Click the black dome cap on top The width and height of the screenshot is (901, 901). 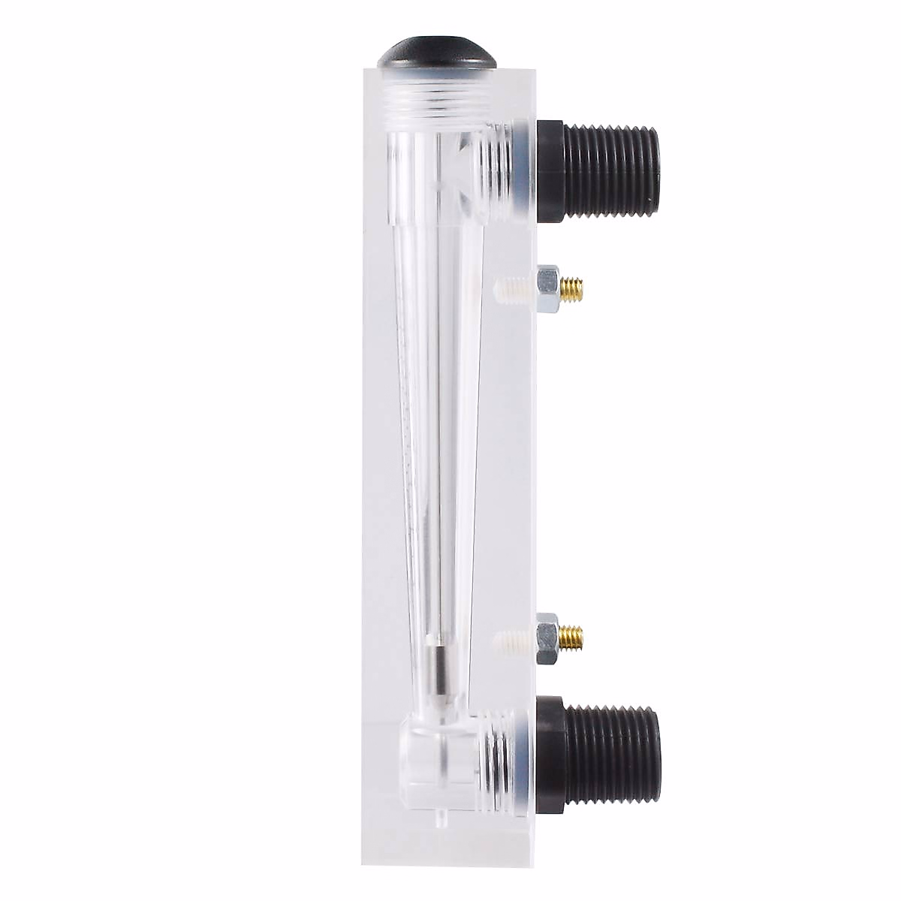pyautogui.click(x=437, y=54)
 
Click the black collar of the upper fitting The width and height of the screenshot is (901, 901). pyautogui.click(x=550, y=171)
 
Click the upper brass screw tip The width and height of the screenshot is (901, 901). pyautogui.click(x=574, y=285)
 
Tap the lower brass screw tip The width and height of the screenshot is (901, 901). pyautogui.click(x=574, y=637)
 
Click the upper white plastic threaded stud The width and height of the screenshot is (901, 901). pyautogui.click(x=514, y=286)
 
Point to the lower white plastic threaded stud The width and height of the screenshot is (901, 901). pyautogui.click(x=514, y=639)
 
